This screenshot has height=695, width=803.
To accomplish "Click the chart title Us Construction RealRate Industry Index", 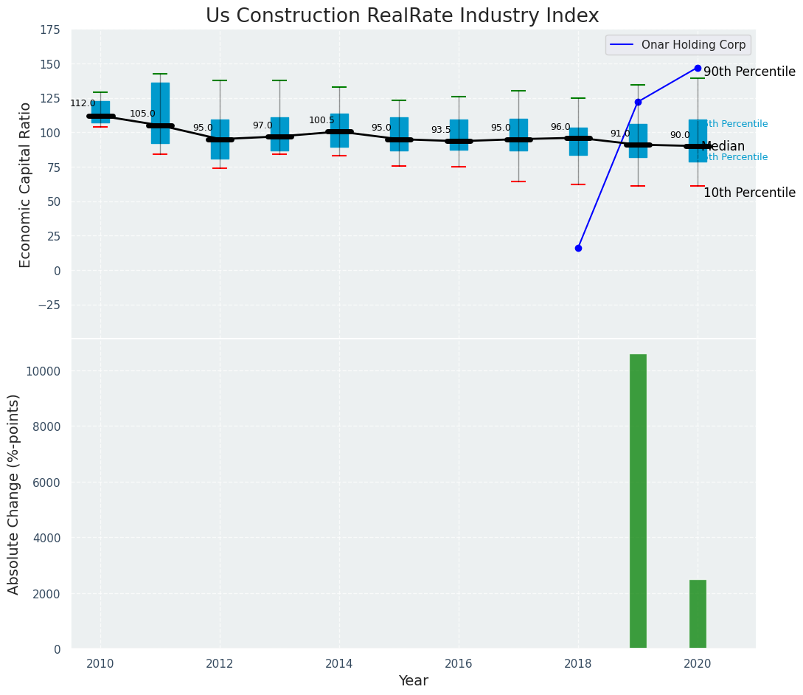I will (x=402, y=16).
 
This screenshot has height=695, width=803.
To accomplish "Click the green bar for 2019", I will (x=638, y=502).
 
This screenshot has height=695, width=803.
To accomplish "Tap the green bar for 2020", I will (x=698, y=614).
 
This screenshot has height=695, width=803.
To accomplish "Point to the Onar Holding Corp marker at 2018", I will (x=578, y=248).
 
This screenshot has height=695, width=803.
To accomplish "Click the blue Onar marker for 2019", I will (x=638, y=102).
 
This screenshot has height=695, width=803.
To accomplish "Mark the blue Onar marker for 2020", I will (x=698, y=68).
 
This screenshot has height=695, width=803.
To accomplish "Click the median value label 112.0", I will (x=83, y=103).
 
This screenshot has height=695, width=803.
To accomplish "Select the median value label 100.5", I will (x=321, y=120).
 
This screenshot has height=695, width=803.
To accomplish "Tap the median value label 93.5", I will (x=441, y=130).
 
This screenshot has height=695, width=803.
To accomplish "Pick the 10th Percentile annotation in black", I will (x=749, y=193).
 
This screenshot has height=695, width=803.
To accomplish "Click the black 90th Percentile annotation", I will (x=749, y=72).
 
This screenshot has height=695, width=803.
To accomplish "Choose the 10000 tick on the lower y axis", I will (x=44, y=371).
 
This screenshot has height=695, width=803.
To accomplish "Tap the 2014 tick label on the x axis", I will (x=339, y=664).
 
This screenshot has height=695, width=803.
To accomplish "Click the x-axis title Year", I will (x=413, y=681).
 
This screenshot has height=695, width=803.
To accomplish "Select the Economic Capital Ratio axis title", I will (x=26, y=184).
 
